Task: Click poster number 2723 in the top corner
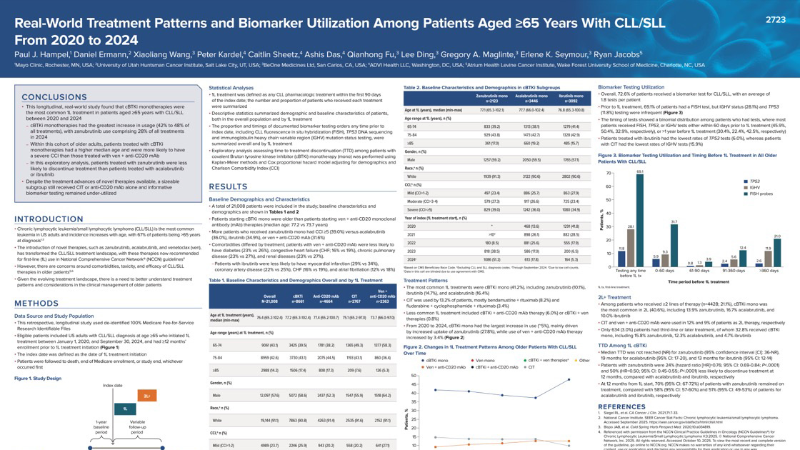[775, 20]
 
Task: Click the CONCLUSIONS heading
[54, 97]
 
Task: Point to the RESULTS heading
[228, 187]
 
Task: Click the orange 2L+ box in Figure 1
[146, 396]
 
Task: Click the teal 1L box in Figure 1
[124, 409]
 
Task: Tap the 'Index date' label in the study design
[112, 385]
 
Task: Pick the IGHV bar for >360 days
[768, 259]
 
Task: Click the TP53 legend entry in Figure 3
[751, 181]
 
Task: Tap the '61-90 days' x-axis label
[699, 271]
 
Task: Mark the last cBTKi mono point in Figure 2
[569, 379]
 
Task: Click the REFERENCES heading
[621, 407]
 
